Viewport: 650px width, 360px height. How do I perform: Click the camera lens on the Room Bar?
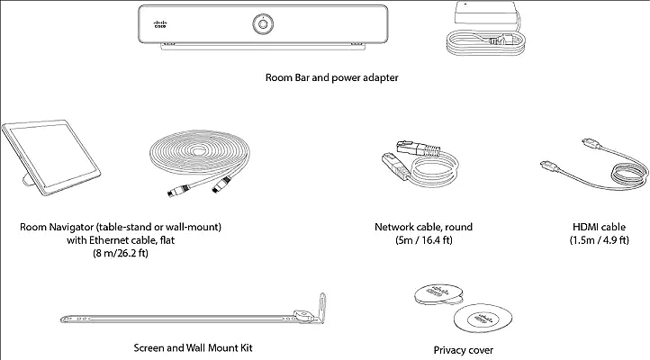point(264,23)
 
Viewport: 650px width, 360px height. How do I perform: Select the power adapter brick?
point(483,15)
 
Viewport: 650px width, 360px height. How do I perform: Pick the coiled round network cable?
point(441,167)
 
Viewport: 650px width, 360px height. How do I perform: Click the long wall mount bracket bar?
point(180,317)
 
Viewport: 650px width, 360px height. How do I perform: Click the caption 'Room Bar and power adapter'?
point(331,78)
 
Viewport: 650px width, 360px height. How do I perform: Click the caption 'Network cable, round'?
point(423,227)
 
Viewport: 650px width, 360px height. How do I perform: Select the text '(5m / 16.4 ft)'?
point(423,241)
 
